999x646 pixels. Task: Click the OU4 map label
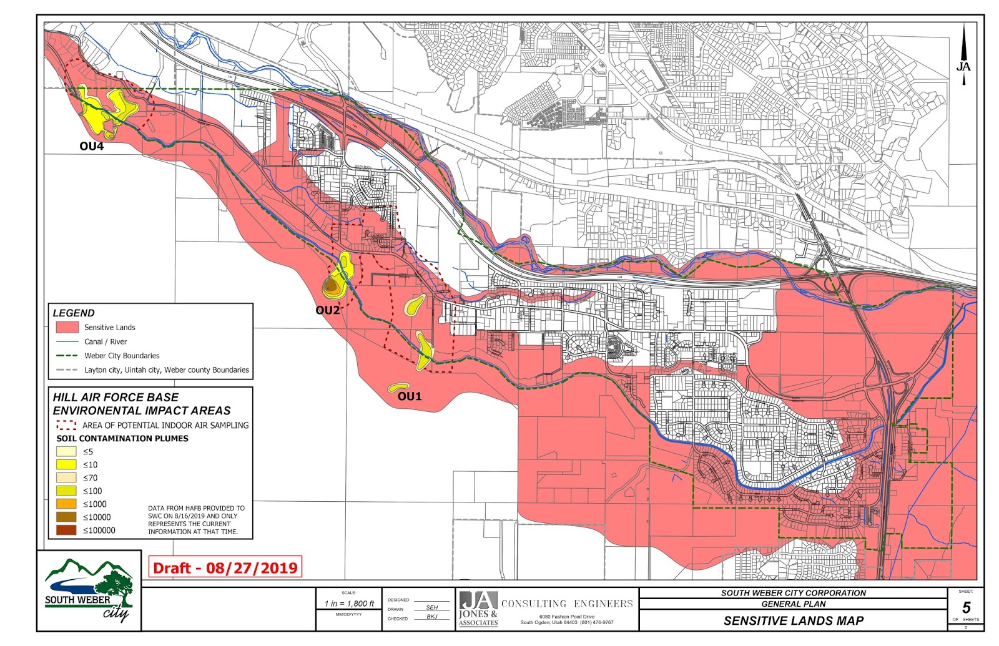coord(91,147)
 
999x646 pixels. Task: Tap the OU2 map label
coord(328,310)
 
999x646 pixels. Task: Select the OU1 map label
coord(410,396)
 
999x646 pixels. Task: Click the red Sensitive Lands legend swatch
coord(67,327)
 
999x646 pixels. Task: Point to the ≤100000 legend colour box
coord(66,530)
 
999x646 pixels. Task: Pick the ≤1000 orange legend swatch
coord(66,504)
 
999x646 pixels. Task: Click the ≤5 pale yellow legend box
coord(66,451)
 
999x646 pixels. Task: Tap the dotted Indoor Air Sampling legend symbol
coord(66,425)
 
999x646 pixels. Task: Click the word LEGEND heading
coord(74,313)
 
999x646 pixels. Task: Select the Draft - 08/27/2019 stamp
coord(225,567)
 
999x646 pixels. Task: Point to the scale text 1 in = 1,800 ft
coord(349,604)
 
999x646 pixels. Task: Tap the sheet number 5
coord(966,607)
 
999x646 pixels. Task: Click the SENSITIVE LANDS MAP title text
coord(794,620)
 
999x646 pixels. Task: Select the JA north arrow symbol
coord(963,56)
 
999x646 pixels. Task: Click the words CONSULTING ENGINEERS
coord(567,604)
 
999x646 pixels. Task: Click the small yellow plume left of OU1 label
coord(398,388)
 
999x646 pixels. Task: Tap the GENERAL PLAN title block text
coord(794,604)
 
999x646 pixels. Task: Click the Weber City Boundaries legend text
coord(122,356)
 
